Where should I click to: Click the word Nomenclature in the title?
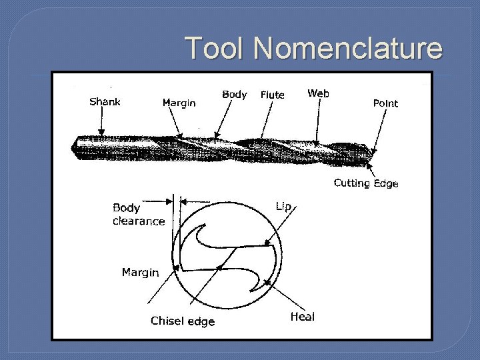point(347,48)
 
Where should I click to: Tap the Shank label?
point(105,102)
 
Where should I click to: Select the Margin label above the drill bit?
point(179,103)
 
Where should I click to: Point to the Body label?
point(234,95)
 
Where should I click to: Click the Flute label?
point(272,95)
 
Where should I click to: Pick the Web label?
point(318,93)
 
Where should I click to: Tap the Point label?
point(385,103)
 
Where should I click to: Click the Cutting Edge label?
point(365,183)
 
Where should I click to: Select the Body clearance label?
point(138,215)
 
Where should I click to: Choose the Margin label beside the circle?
point(140,272)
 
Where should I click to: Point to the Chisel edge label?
point(183,321)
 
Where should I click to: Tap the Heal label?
point(302,317)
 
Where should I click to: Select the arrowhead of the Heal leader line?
point(267,283)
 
